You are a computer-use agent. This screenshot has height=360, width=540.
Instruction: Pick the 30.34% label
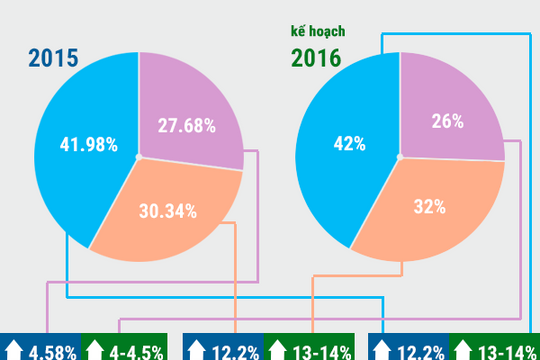coord(165,211)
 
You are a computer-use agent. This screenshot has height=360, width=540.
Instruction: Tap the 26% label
coord(447,122)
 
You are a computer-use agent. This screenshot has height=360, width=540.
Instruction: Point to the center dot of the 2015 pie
coord(139,155)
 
